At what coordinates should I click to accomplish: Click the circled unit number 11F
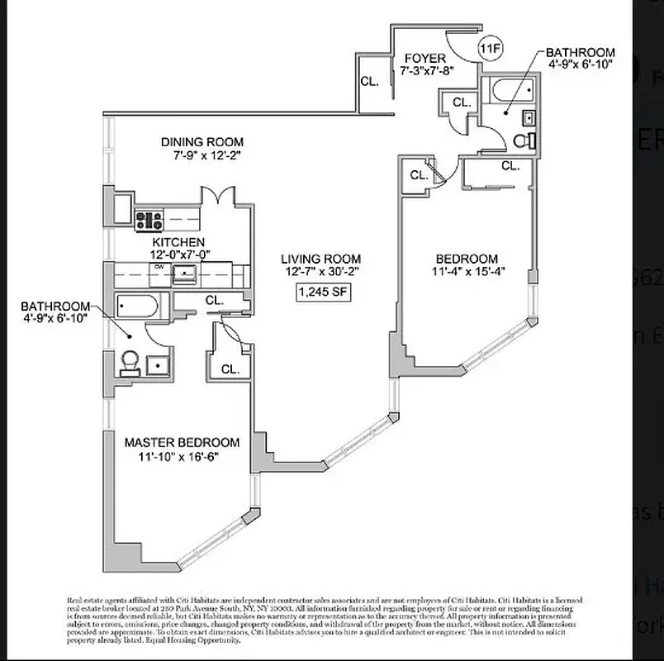coord(491,49)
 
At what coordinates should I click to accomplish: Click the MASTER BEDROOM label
coord(182,443)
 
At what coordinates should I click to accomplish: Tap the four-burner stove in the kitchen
coord(149,221)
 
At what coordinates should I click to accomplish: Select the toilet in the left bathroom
coord(130,363)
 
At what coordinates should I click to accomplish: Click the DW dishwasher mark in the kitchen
coord(157,268)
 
